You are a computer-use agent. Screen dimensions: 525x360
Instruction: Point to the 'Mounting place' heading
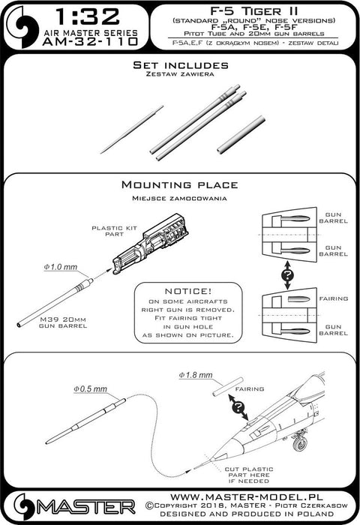click(x=179, y=184)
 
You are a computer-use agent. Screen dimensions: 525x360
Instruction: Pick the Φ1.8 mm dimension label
click(x=196, y=373)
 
